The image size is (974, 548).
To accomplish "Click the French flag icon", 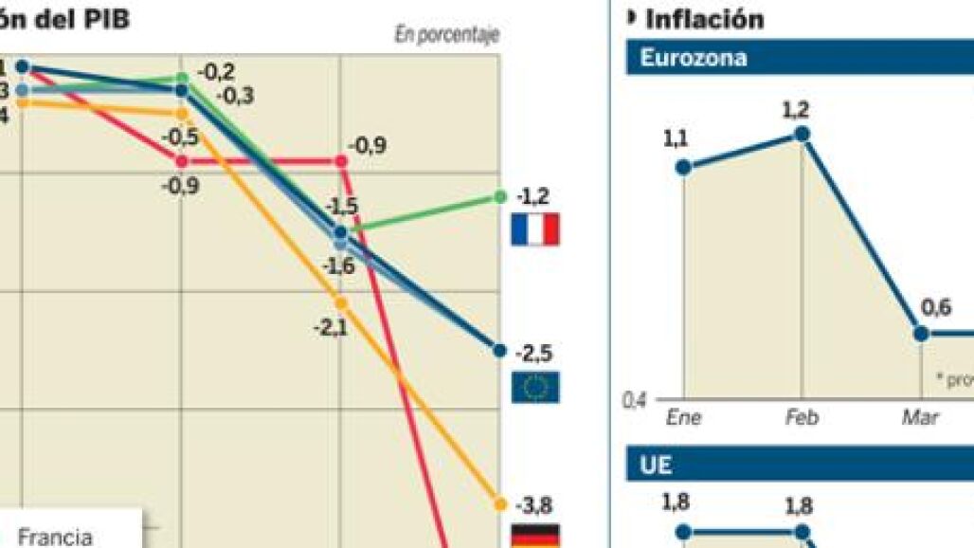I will point(534,229).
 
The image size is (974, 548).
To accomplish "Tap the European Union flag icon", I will point(534,387).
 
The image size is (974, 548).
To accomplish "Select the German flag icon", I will point(534,537).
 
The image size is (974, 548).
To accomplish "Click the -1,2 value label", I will point(533,197).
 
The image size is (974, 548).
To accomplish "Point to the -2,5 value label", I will point(533,354).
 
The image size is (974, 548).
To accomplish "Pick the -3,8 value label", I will point(533,503).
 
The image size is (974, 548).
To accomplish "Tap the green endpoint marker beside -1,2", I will point(499,196).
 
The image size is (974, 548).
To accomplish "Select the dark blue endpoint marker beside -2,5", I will point(499,350).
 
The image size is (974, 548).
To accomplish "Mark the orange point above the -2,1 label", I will point(341,303).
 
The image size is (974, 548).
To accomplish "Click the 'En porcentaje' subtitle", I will point(446,35).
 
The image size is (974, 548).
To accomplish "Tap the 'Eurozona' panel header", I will point(694,58).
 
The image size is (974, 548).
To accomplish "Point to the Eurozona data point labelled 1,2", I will point(802,135).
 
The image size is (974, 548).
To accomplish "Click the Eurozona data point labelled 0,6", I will point(921,334).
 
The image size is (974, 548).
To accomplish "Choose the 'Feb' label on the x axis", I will point(802,417).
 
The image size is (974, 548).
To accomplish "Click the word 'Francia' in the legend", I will point(55,537).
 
